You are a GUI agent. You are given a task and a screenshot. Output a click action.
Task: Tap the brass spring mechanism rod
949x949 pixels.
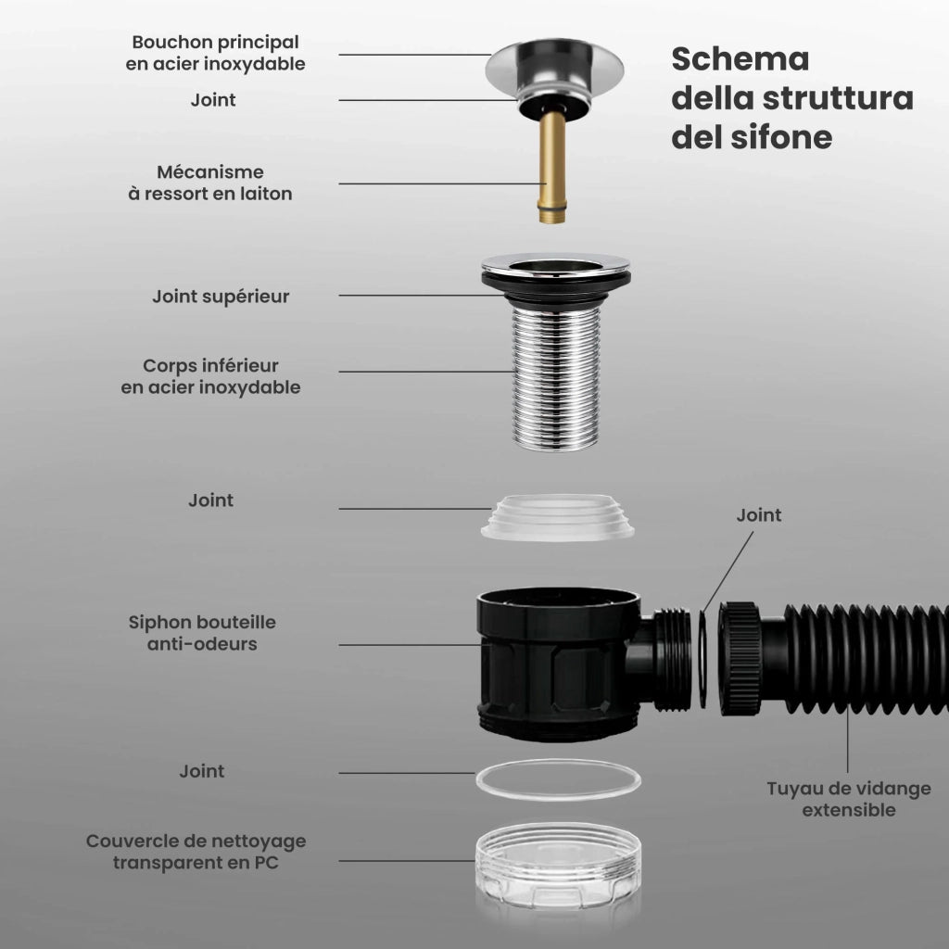coord(552,167)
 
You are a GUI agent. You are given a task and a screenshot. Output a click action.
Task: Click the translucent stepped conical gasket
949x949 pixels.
coord(557,517)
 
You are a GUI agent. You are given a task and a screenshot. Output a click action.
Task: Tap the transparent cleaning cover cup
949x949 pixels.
coord(558,866)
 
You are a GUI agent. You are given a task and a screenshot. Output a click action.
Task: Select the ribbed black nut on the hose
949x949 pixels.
coord(740,659)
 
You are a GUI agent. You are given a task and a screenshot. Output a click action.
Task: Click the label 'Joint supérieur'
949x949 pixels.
coord(221,297)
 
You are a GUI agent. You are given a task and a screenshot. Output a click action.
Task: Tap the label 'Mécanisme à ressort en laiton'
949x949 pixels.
coord(210,183)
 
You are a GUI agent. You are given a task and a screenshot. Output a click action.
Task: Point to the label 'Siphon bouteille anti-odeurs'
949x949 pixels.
coord(202,633)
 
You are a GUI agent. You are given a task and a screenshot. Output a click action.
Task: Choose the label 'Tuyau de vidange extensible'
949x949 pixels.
coord(849,799)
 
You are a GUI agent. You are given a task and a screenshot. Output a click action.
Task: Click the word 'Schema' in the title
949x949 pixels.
coord(740,59)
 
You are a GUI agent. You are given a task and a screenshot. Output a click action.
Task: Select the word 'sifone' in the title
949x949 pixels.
coord(782,137)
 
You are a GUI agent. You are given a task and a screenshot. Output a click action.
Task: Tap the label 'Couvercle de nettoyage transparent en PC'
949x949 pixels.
coord(196,852)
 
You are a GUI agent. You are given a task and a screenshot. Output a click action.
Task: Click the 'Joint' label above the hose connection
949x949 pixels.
coord(759,515)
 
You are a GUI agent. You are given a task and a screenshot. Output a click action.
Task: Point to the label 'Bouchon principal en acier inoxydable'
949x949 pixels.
coord(215,53)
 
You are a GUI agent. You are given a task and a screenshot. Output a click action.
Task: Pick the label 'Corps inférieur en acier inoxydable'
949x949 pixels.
coord(210,376)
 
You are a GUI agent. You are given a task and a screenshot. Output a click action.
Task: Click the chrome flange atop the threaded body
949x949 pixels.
coord(556,266)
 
